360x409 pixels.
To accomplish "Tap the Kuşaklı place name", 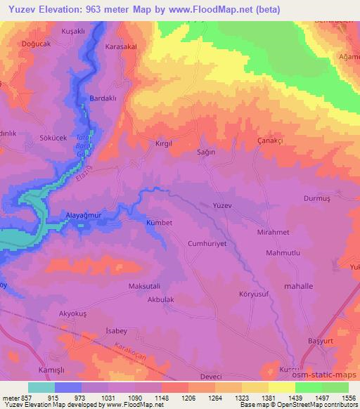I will [x=54, y=33].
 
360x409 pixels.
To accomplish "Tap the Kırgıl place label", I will [x=163, y=143].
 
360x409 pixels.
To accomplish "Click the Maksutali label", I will [x=145, y=286].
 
